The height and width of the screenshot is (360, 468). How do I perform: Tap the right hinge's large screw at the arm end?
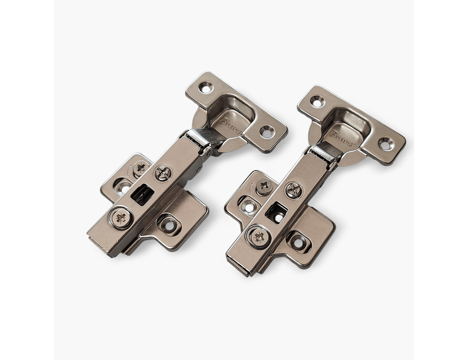tap(259, 237)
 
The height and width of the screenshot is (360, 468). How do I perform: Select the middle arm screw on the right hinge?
tap(294, 190)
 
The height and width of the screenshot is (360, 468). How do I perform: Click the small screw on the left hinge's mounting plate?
tap(141, 168)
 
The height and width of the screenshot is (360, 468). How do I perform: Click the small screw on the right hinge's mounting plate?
tap(264, 186)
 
